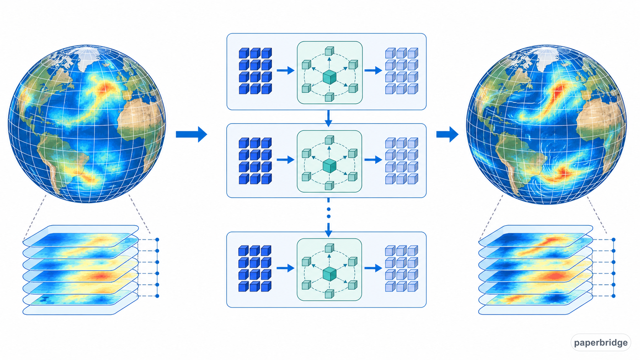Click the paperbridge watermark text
click(601, 342)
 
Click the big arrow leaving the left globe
click(191, 134)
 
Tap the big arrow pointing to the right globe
click(447, 134)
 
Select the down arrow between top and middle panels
click(328, 118)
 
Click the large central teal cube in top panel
click(330, 77)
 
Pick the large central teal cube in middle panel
click(330, 166)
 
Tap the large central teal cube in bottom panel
click(330, 274)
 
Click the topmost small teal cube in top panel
click(330, 51)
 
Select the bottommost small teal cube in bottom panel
click(330, 294)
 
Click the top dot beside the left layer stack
click(157, 239)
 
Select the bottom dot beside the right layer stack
click(614, 296)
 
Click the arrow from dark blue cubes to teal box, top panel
click(286, 70)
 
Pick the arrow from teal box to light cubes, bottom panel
click(373, 268)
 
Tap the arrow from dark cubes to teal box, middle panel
click(286, 160)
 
